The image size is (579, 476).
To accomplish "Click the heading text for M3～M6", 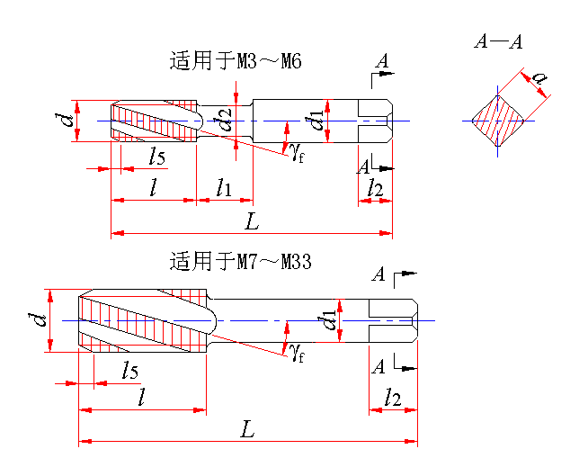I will click(x=236, y=62).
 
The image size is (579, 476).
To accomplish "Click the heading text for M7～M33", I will click(x=240, y=262).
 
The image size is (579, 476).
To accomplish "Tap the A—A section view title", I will click(x=498, y=41).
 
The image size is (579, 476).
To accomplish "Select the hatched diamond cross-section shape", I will click(x=496, y=120).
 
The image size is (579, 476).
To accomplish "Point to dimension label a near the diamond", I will click(x=539, y=79).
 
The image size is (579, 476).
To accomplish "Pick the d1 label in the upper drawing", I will click(x=316, y=119).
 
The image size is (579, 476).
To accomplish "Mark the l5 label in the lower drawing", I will click(x=129, y=371).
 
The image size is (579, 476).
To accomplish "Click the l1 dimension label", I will click(x=223, y=188).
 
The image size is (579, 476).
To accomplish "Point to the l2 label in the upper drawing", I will click(x=375, y=188).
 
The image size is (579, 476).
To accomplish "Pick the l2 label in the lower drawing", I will click(x=392, y=397).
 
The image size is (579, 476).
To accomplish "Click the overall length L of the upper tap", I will click(x=252, y=220).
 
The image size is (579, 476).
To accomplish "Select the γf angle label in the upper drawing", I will click(x=298, y=151).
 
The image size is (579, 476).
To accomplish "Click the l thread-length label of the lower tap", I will click(x=140, y=397).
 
